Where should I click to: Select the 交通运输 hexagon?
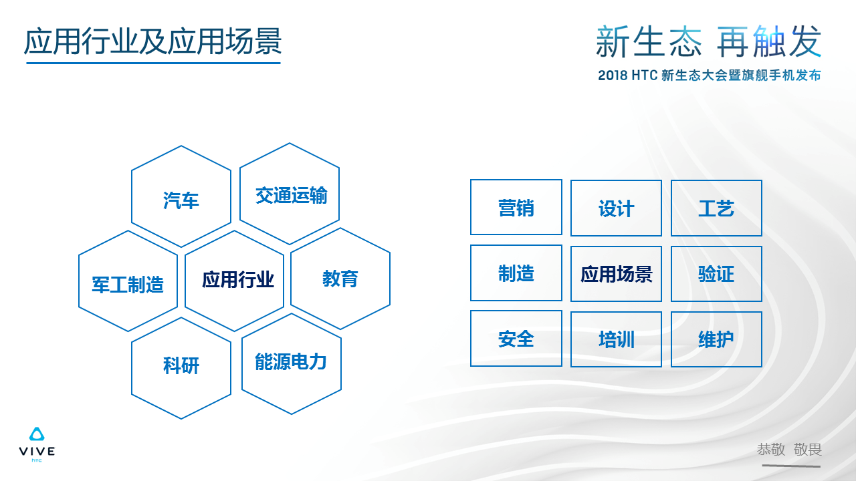pyautogui.click(x=290, y=194)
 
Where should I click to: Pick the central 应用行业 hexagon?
pyautogui.click(x=234, y=281)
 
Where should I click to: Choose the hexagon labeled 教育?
pyautogui.click(x=340, y=279)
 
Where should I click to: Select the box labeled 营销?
pyautogui.click(x=516, y=207)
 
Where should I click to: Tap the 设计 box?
pyautogui.click(x=617, y=208)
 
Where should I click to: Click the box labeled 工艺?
pyautogui.click(x=716, y=208)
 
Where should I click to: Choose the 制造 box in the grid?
pyautogui.click(x=516, y=273)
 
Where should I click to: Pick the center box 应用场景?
pyautogui.click(x=617, y=274)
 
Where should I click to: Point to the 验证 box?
pyautogui.click(x=716, y=274)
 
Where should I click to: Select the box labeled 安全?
pyautogui.click(x=516, y=339)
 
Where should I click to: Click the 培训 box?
pyautogui.click(x=617, y=339)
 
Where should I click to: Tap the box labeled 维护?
pyautogui.click(x=716, y=339)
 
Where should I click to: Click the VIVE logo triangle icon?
pyautogui.click(x=37, y=434)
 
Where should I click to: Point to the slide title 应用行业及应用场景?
pyautogui.click(x=153, y=41)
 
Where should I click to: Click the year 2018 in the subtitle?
pyautogui.click(x=613, y=75)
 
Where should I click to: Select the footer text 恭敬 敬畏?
pyautogui.click(x=789, y=450)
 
